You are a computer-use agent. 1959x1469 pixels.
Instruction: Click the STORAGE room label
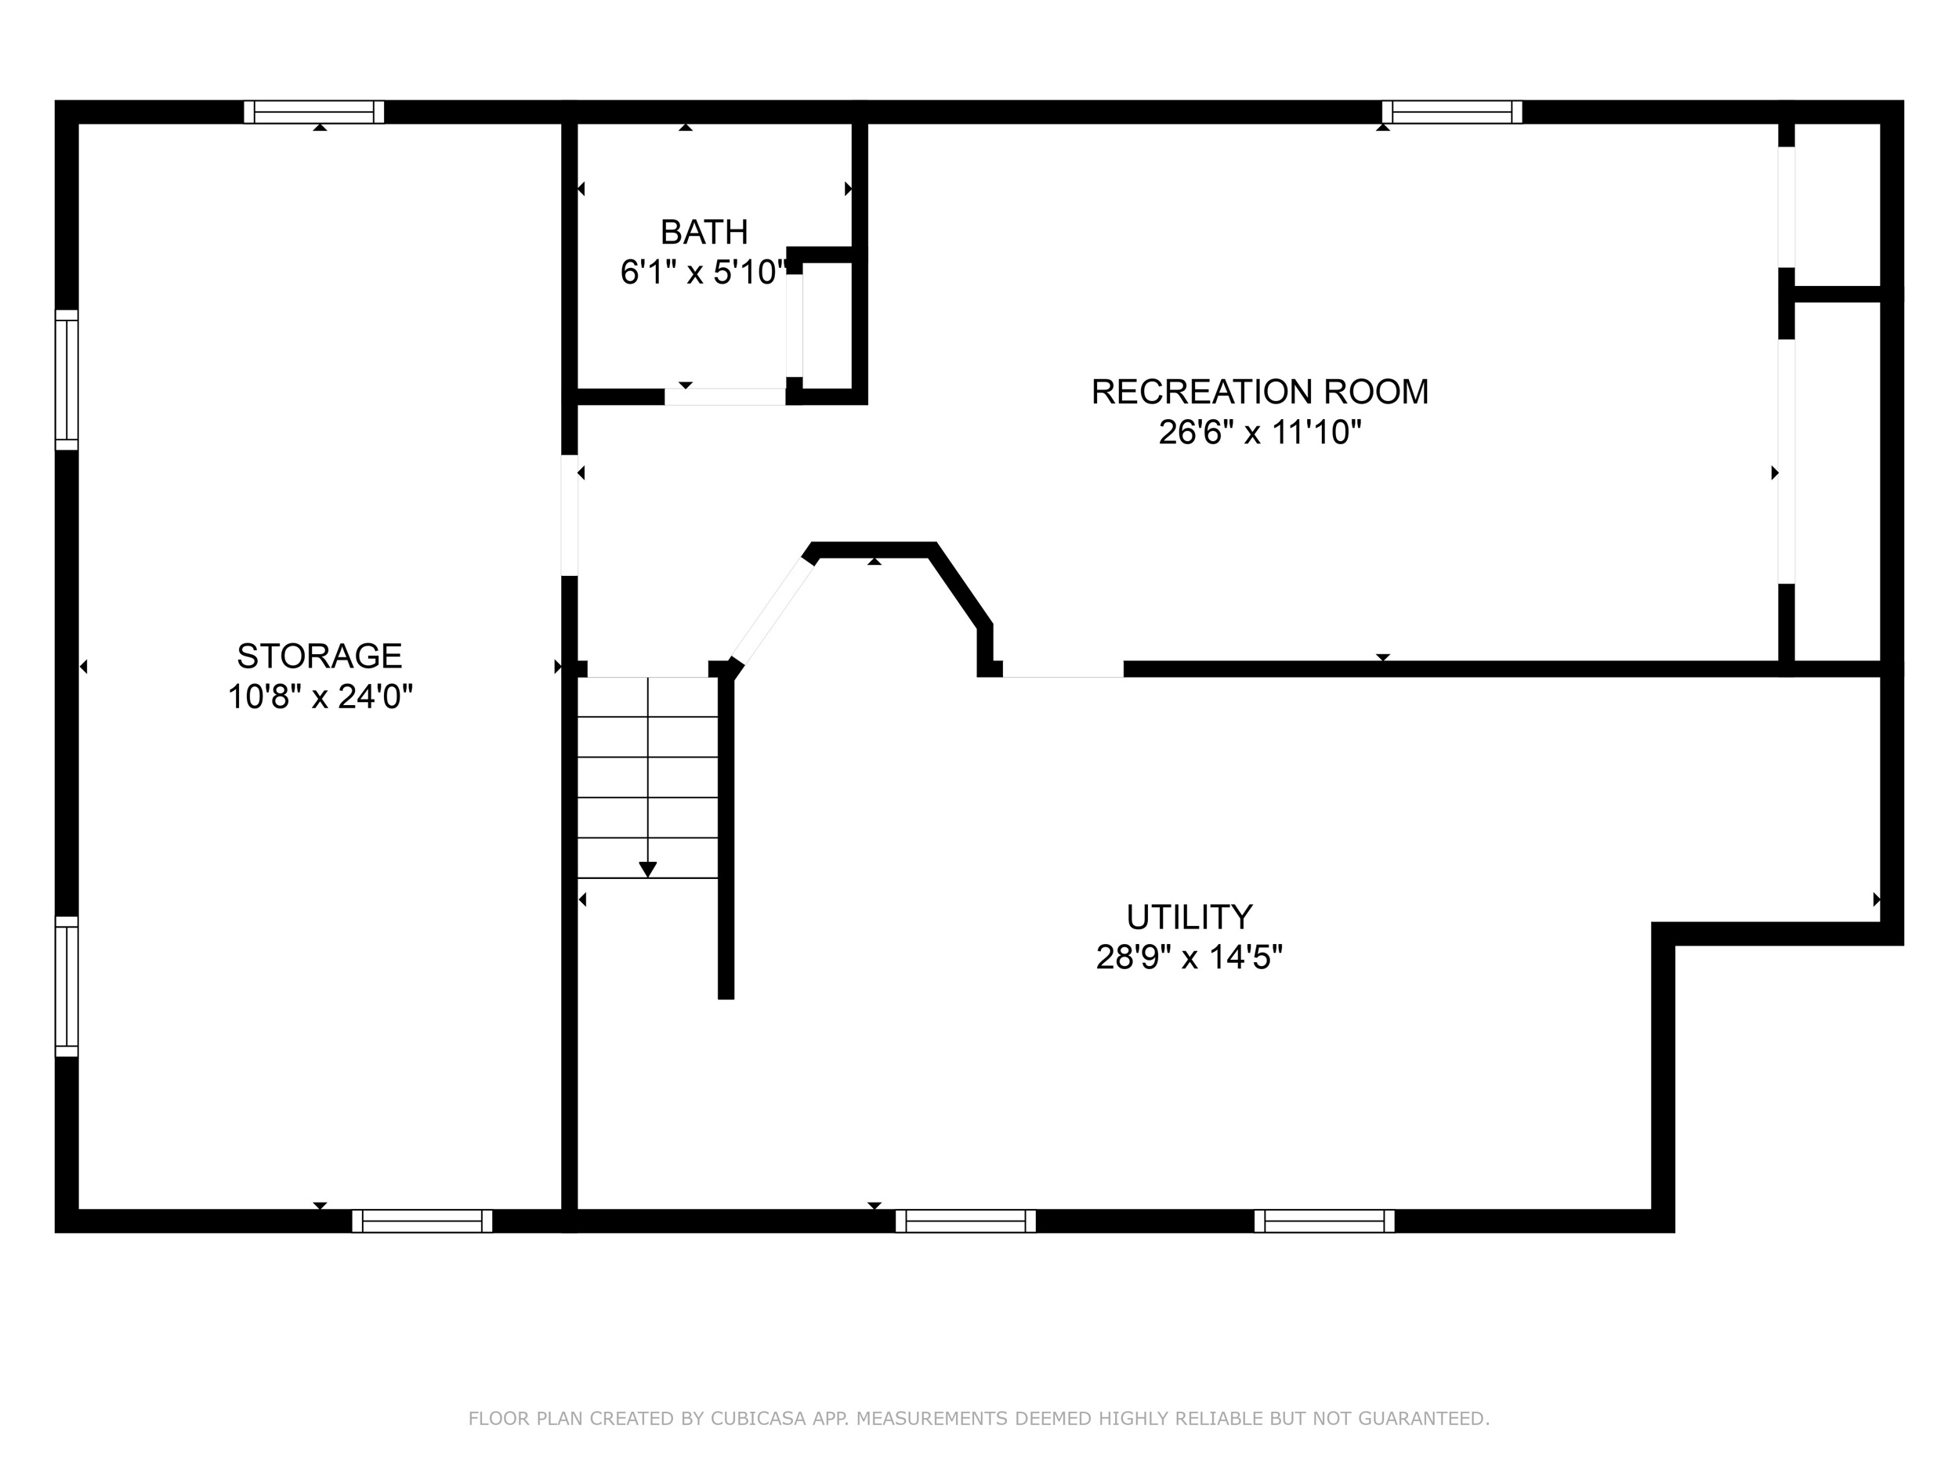point(320,656)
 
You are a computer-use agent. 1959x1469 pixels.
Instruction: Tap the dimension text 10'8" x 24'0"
point(320,697)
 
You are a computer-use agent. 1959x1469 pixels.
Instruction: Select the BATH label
point(704,232)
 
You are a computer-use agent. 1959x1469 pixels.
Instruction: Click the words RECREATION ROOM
point(1259,392)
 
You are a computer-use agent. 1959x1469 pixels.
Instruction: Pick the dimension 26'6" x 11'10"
point(1259,432)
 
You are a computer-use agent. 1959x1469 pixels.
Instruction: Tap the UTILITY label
point(1190,917)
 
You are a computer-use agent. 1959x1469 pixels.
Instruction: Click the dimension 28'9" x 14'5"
point(1190,957)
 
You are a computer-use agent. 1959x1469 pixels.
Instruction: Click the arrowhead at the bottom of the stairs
point(648,870)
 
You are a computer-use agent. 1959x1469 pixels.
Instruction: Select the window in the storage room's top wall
point(314,111)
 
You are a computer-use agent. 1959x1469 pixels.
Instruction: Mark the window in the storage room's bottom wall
point(422,1221)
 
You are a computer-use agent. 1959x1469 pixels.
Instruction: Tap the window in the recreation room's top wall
point(1453,111)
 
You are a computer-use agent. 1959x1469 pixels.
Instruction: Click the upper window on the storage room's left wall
point(67,380)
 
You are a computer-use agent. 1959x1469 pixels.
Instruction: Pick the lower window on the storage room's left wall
point(67,986)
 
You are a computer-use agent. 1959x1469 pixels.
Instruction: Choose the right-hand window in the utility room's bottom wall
point(1325,1221)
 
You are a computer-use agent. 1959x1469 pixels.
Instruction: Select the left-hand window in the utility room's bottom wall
point(965,1221)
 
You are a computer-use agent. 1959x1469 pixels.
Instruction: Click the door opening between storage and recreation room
point(570,516)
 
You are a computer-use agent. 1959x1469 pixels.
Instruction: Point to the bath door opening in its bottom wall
point(726,396)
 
